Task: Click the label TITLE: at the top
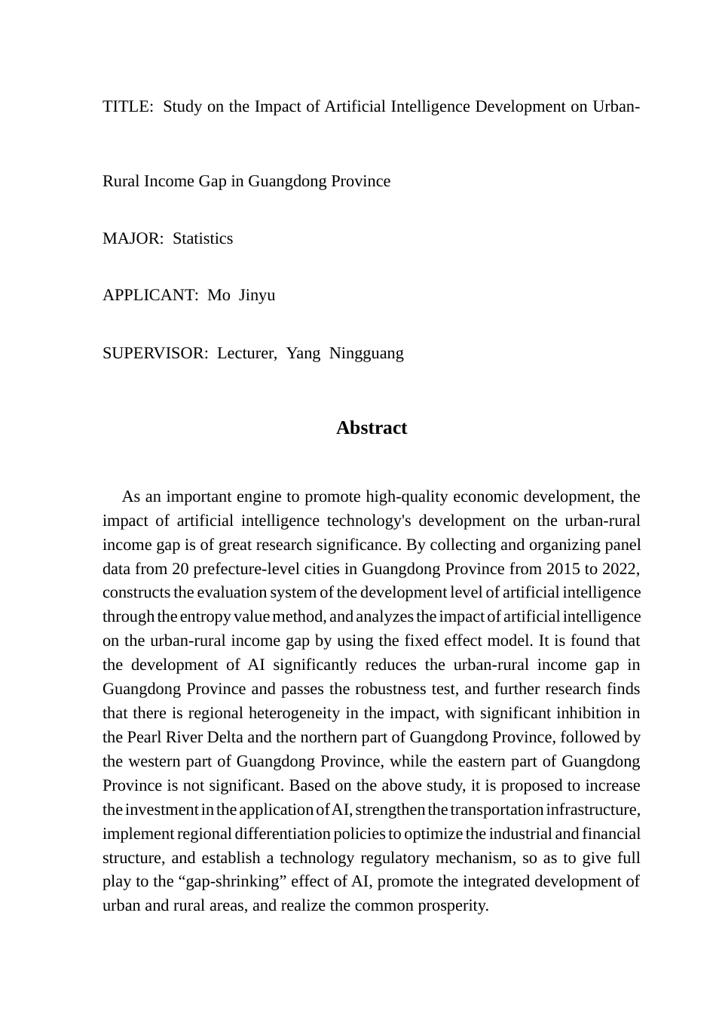pos(127,106)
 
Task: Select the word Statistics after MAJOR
pos(203,238)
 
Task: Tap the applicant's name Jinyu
pos(257,295)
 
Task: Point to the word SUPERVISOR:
pos(155,353)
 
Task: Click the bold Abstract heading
pos(372,428)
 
